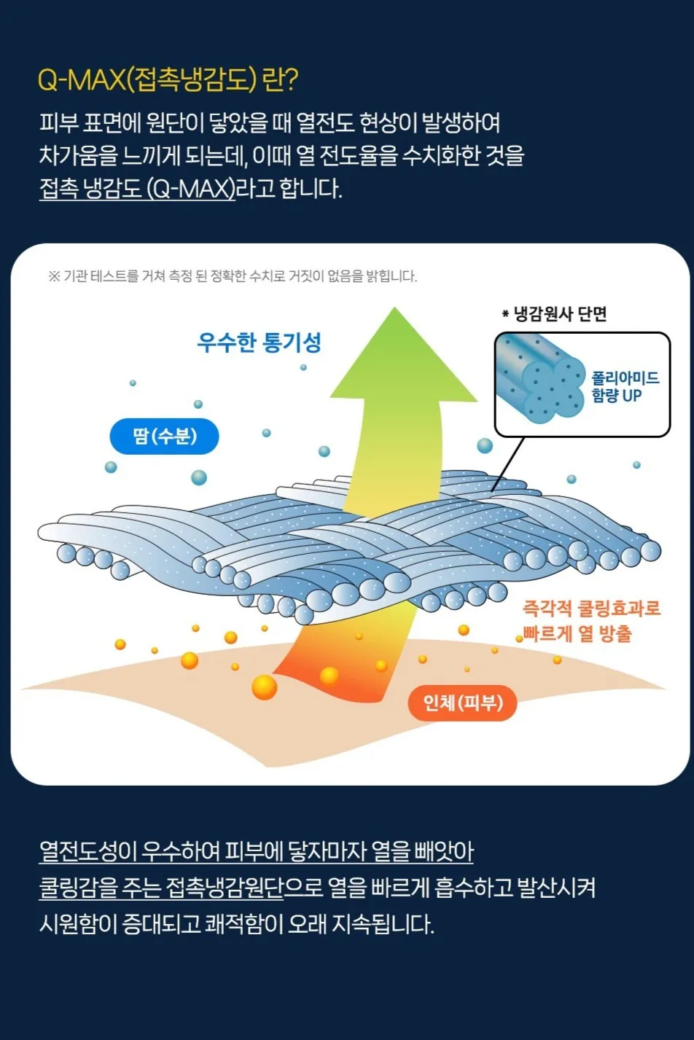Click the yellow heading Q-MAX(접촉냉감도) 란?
coord(167,79)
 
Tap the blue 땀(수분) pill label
coord(164,437)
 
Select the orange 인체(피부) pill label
coord(462,703)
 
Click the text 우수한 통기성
coord(259,342)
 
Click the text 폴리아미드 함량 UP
coord(625,386)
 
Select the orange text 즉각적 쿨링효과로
coord(591,609)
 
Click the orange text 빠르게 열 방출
coord(577,633)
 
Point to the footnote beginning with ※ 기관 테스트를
coord(233,276)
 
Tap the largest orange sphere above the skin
coord(264,687)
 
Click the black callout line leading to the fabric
coord(508,464)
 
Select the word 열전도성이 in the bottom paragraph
coord(88,851)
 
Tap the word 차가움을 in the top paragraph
coord(78,155)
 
